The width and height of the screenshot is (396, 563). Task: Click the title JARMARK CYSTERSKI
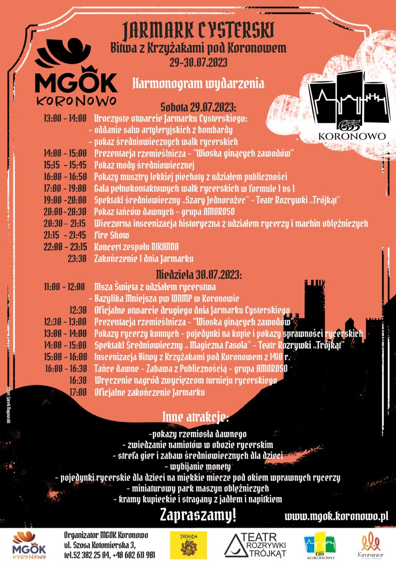198,30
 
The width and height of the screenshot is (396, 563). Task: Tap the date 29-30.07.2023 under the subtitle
198,62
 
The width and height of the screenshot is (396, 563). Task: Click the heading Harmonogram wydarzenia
198,84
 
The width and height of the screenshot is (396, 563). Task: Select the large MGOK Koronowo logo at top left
76,72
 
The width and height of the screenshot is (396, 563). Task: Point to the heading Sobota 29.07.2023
198,107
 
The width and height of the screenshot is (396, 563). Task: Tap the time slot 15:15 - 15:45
65,165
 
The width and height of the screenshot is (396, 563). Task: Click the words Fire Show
111,235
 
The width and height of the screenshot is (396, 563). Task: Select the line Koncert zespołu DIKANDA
136,247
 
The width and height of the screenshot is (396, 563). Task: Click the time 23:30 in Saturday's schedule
77,259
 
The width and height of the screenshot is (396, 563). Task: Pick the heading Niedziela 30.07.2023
199,274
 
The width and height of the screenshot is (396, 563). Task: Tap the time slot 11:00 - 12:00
64,287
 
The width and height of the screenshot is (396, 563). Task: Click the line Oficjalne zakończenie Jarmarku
149,392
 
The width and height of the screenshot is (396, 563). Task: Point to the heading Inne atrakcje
195,417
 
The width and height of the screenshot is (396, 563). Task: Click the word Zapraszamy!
198,515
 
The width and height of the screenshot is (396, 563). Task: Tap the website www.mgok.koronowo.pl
336,516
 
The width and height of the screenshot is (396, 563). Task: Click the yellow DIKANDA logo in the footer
189,545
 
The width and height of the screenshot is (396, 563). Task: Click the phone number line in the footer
109,555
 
